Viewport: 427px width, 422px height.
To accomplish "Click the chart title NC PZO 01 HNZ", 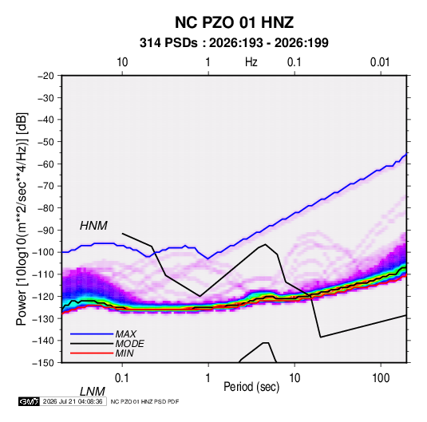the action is pos(234,22).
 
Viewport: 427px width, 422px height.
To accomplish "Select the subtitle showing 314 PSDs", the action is pos(234,43).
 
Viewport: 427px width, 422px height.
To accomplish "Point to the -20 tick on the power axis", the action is pos(45,76).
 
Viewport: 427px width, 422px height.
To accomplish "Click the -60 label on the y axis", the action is pos(45,164).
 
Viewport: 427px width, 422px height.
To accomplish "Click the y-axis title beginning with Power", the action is pos(22,219).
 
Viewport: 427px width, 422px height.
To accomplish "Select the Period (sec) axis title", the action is pos(251,387).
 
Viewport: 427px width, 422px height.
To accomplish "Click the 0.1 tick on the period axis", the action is pos(122,378).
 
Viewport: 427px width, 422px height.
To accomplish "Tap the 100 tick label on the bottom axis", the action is pos(381,378).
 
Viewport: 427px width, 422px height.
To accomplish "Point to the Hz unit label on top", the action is pos(251,62).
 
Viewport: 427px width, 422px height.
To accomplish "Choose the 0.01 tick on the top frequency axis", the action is pos(380,62).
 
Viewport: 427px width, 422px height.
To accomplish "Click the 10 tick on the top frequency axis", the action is pos(122,62).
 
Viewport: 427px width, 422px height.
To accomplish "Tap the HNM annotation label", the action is pos(93,226).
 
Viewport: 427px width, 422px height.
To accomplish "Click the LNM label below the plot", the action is pos(93,392).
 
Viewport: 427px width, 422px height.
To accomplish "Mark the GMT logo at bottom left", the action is pos(29,401).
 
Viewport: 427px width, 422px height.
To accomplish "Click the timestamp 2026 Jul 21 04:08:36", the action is pos(73,401).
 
